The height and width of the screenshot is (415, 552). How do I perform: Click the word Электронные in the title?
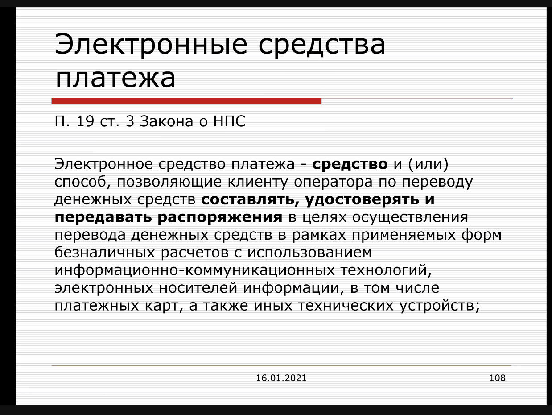[151, 44]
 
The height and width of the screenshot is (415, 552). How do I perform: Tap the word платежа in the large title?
[115, 78]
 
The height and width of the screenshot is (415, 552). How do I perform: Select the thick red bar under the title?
[186, 101]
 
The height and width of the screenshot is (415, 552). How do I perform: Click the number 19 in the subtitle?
[85, 121]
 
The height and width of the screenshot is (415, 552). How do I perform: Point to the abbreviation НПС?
[229, 121]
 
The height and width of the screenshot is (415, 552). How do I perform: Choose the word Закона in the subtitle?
[166, 121]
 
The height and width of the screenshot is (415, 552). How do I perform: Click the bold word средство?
[350, 164]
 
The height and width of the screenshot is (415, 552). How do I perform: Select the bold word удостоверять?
[362, 200]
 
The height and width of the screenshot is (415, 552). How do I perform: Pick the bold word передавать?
[103, 217]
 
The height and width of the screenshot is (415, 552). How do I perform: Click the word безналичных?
[105, 253]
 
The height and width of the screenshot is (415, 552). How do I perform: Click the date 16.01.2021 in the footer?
[281, 378]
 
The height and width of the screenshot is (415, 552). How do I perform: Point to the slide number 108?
[497, 378]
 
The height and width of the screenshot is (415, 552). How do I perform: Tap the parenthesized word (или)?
[428, 164]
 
